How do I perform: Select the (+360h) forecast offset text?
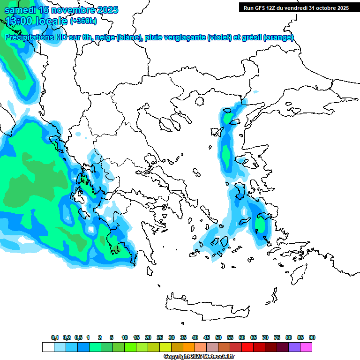point(83,21)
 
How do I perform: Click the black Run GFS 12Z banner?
point(296,7)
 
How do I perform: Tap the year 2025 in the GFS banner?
point(340,7)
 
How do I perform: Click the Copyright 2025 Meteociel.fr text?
point(199,356)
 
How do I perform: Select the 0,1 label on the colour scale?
point(55,337)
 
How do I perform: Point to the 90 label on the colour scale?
point(312,337)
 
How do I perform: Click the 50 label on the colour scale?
point(218,337)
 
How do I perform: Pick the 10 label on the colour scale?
point(125,337)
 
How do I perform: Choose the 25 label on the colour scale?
point(160,337)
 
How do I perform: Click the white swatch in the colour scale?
point(48,347)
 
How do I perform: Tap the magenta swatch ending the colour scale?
point(306,347)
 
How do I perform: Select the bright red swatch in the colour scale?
point(247,347)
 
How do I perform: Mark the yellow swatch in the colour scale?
point(165,347)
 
